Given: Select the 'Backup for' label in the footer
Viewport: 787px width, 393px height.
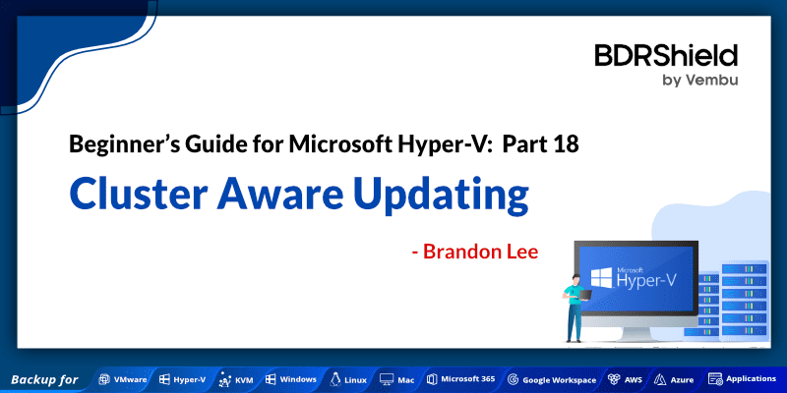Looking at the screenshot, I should pyautogui.click(x=44, y=378).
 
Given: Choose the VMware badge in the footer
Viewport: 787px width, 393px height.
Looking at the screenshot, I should pyautogui.click(x=123, y=378).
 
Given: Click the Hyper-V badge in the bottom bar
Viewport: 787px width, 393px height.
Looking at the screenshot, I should pyautogui.click(x=184, y=378).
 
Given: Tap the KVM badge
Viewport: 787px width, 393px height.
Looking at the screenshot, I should pyautogui.click(x=236, y=378).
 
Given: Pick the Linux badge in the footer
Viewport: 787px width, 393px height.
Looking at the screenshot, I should pyautogui.click(x=349, y=378).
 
